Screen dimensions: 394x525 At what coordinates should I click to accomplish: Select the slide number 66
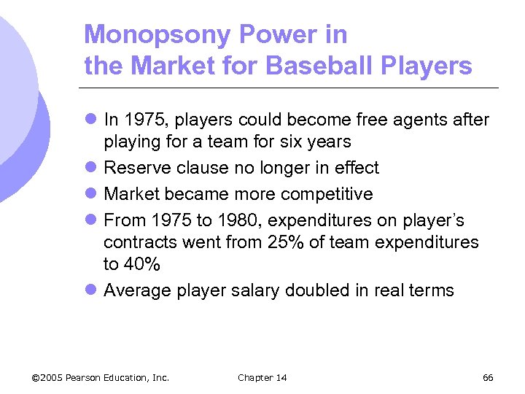[488, 377]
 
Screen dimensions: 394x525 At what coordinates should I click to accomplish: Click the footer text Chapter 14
[262, 377]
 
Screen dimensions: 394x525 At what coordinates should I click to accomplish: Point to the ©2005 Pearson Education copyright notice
[101, 377]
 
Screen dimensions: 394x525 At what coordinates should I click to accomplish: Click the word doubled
[316, 290]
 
